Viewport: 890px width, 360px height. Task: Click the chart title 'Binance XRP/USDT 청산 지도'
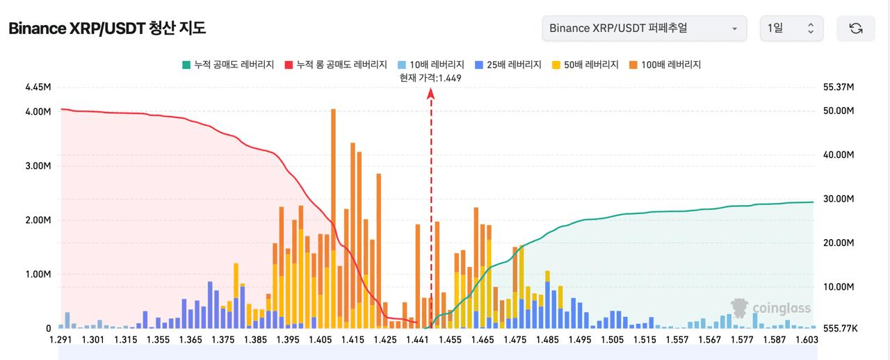click(x=107, y=28)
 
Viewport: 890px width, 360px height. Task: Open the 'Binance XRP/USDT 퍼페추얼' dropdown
click(x=644, y=28)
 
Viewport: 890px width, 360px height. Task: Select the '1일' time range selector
click(x=791, y=28)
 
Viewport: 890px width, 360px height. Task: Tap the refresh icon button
click(x=856, y=28)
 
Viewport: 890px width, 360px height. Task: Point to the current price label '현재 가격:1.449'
click(x=430, y=78)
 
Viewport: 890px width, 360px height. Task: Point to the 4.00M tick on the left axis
click(x=38, y=112)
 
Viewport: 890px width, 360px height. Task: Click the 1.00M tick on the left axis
click(x=38, y=275)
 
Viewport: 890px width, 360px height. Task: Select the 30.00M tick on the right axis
click(x=838, y=199)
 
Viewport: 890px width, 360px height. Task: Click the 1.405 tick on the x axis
click(x=320, y=339)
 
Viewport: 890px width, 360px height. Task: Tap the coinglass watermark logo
click(x=770, y=308)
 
